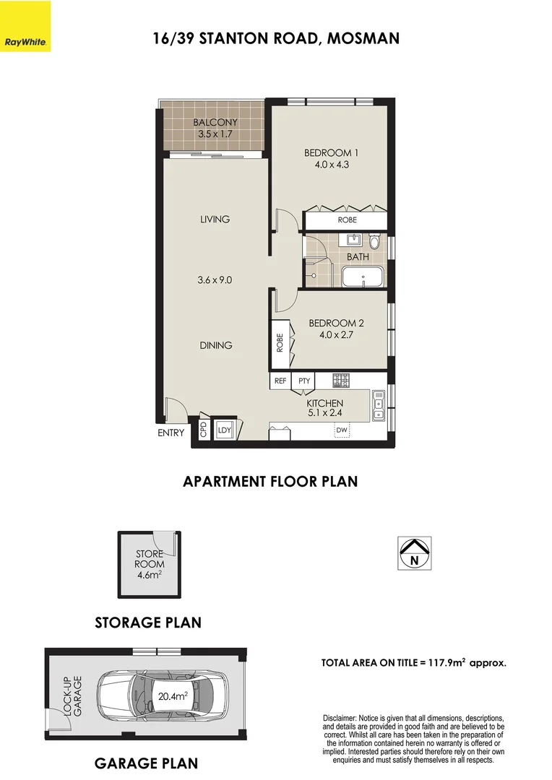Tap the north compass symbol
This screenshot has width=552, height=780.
(x=415, y=552)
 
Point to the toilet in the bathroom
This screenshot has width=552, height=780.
(x=374, y=240)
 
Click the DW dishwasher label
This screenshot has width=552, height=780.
(x=342, y=431)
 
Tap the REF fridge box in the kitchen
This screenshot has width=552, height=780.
(x=280, y=381)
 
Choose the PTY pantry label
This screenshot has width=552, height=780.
(x=304, y=381)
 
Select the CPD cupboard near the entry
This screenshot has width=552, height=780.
(x=204, y=431)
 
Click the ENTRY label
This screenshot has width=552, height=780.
(x=171, y=433)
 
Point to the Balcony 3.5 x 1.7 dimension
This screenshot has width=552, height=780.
(x=215, y=134)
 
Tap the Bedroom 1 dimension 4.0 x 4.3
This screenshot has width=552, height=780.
(x=331, y=165)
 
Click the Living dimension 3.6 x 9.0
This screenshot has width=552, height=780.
(x=215, y=280)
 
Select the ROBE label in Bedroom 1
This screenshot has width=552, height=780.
(x=347, y=220)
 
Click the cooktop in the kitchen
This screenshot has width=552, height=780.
(x=341, y=380)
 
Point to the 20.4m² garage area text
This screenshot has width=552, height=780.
(x=173, y=697)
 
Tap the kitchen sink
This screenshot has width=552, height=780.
(x=377, y=406)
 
